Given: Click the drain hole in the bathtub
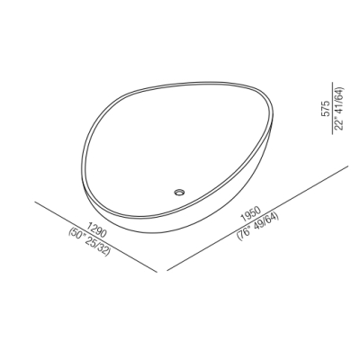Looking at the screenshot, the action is (180, 192).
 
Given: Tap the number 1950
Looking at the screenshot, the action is (251, 214).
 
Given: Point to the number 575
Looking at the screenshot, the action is (326, 109).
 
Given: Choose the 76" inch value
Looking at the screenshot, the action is (245, 232).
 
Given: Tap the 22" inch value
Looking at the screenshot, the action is (339, 122).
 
